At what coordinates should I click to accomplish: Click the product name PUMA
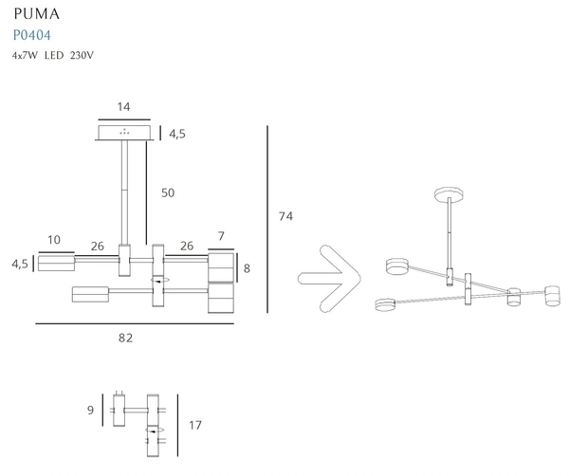point(37,14)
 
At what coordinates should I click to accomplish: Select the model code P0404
point(32,35)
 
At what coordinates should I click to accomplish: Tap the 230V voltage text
point(82,55)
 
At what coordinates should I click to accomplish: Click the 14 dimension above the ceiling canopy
point(123,106)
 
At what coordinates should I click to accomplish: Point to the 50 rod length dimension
point(168,192)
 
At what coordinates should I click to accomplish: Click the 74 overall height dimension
point(285,216)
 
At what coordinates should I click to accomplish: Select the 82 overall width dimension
point(125,338)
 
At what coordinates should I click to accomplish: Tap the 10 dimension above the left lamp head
point(54,240)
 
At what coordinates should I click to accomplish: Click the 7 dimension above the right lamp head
point(221,236)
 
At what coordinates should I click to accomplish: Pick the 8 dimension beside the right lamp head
point(247,268)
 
